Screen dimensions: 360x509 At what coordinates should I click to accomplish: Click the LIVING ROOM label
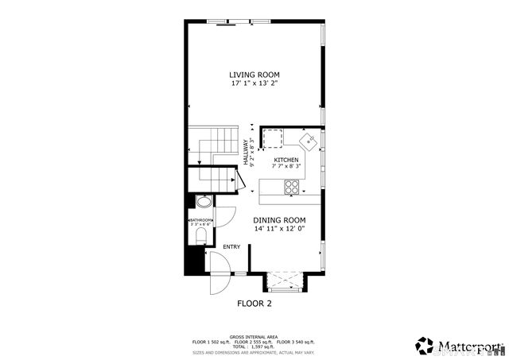point(254,75)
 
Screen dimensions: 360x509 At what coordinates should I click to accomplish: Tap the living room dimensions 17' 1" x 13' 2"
point(254,83)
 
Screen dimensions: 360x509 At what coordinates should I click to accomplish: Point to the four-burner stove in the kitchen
point(292,188)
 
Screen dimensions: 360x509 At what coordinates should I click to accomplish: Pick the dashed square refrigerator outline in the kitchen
point(274,139)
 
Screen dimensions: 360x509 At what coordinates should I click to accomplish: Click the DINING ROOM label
point(279,220)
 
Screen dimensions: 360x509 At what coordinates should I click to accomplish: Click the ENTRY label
point(231,247)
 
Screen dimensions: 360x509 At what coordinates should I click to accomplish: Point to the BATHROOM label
point(200,220)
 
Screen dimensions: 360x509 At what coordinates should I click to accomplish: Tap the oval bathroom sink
point(202,202)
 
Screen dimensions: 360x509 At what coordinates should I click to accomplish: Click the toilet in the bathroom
point(201,238)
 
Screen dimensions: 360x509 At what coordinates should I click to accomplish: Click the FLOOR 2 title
point(254,304)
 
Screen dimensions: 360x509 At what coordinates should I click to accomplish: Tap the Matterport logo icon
point(425,345)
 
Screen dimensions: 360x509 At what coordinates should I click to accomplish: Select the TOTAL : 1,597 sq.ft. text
point(254,346)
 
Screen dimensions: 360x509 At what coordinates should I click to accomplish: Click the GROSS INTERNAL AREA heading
point(254,336)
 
